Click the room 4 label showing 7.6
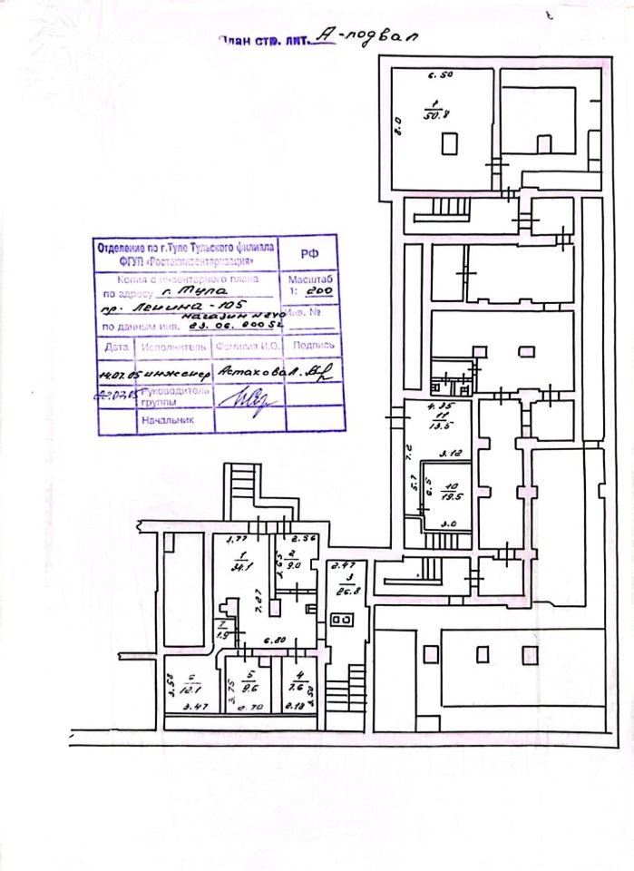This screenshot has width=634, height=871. [297, 681]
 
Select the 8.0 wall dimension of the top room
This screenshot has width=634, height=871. [395, 124]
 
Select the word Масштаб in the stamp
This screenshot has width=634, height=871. [310, 280]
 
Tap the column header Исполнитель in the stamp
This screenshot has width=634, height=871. [171, 347]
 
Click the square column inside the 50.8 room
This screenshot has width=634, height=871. [449, 143]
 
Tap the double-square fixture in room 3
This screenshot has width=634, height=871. [344, 621]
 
